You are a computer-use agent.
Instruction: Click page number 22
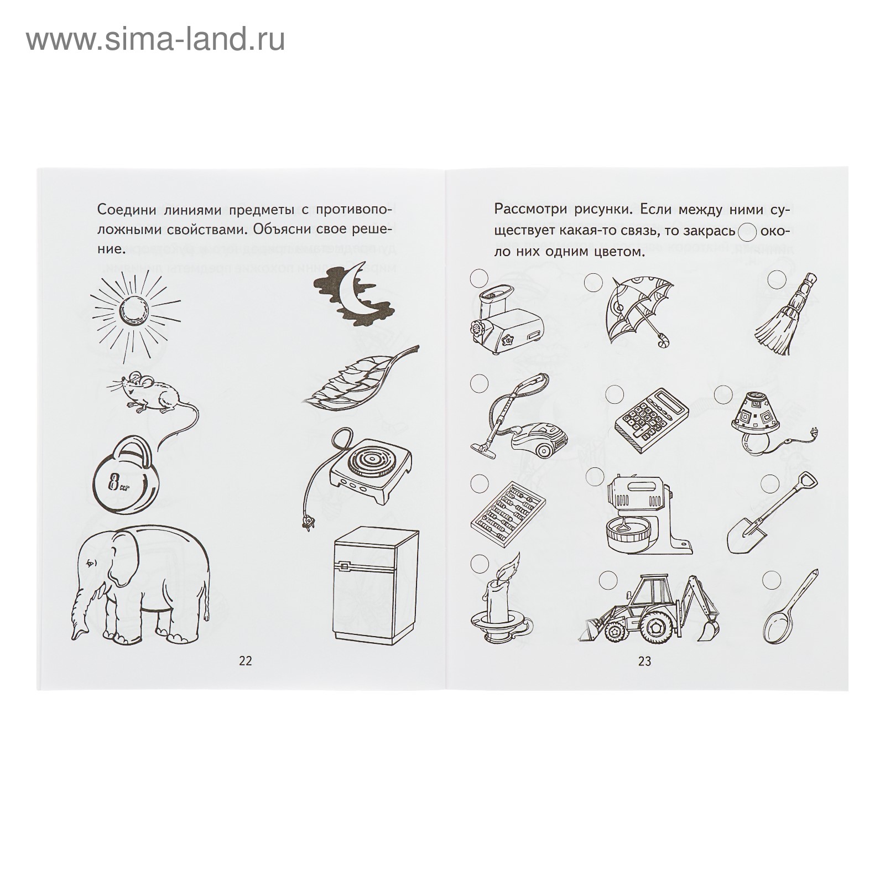pyautogui.click(x=245, y=661)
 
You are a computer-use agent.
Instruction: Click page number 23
pyautogui.click(x=644, y=661)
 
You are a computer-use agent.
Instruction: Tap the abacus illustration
pyautogui.click(x=508, y=510)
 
